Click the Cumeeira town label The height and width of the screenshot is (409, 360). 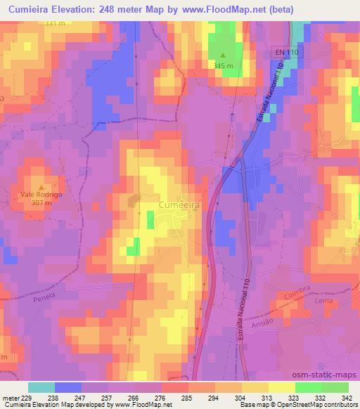point(188,203)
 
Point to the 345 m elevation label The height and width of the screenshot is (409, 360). point(224,65)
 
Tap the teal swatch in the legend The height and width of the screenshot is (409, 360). point(41,387)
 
